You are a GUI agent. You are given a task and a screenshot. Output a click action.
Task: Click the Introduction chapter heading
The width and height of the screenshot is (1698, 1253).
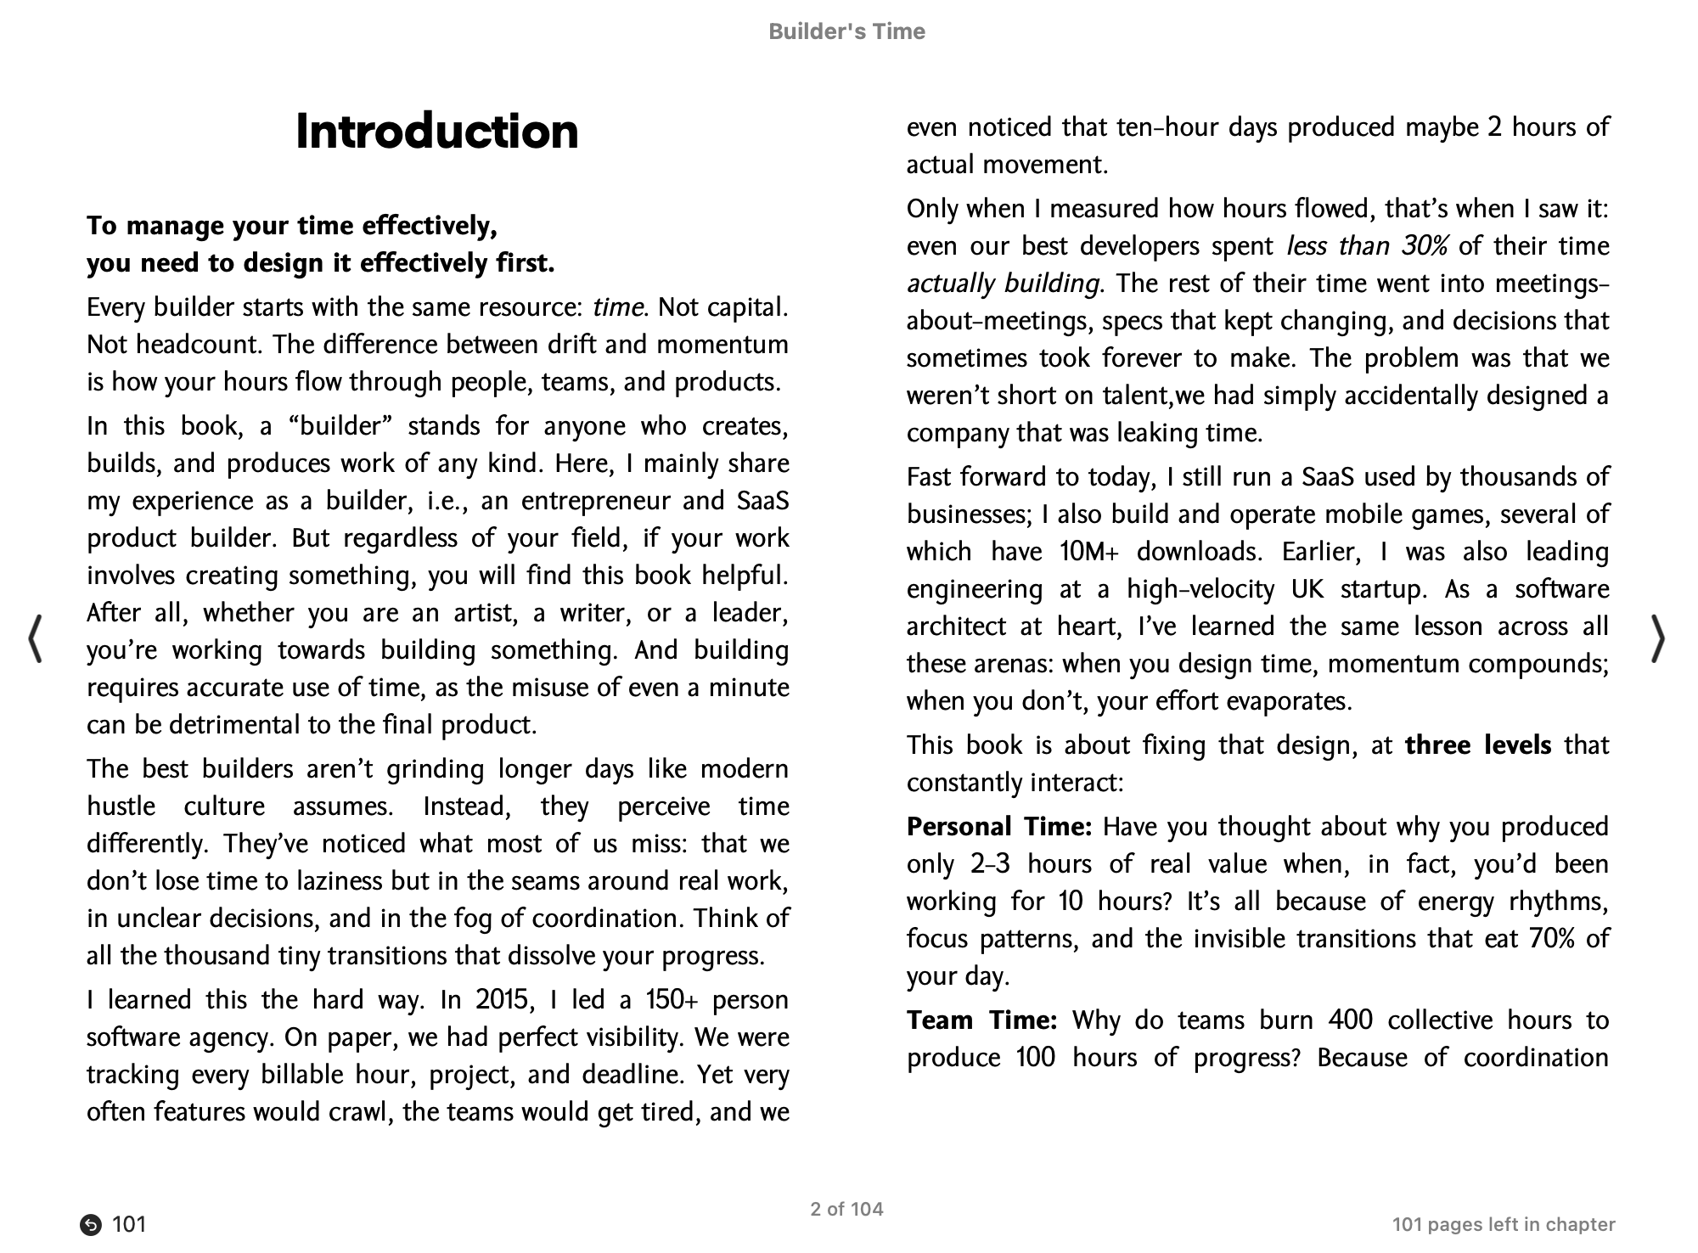pyautogui.click(x=436, y=132)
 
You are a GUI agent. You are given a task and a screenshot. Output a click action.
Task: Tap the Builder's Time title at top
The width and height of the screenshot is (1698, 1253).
pyautogui.click(x=846, y=31)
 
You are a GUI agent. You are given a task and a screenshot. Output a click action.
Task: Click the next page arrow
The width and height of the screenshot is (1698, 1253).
pyautogui.click(x=1658, y=638)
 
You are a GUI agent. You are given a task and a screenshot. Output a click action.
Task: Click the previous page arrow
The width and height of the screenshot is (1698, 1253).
pyautogui.click(x=36, y=638)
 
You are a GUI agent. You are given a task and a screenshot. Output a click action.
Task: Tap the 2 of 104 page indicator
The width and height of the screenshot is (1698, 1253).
pyautogui.click(x=846, y=1209)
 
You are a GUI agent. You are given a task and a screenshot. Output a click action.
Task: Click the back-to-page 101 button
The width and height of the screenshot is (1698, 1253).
pyautogui.click(x=114, y=1224)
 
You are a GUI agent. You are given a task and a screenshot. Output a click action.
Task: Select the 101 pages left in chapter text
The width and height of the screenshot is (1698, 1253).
pyautogui.click(x=1503, y=1224)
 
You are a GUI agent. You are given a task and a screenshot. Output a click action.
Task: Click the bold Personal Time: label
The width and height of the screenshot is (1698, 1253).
pyautogui.click(x=998, y=826)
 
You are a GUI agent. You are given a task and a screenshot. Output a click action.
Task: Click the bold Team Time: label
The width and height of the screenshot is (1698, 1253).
pyautogui.click(x=981, y=1020)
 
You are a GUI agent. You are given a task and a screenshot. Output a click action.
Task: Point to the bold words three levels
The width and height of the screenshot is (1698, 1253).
pyautogui.click(x=1477, y=744)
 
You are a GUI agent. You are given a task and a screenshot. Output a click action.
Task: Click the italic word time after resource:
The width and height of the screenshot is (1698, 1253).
pyautogui.click(x=618, y=306)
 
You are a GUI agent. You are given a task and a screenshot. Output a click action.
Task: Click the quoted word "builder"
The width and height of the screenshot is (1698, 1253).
pyautogui.click(x=338, y=425)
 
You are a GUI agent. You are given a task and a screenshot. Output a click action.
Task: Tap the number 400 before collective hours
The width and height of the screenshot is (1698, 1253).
pyautogui.click(x=1350, y=1020)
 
